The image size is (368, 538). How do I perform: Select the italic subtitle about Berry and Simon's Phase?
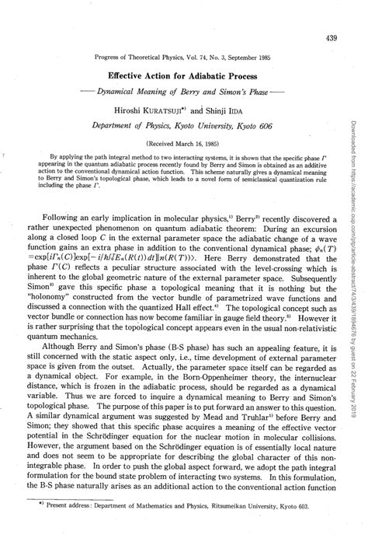pos(184,93)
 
